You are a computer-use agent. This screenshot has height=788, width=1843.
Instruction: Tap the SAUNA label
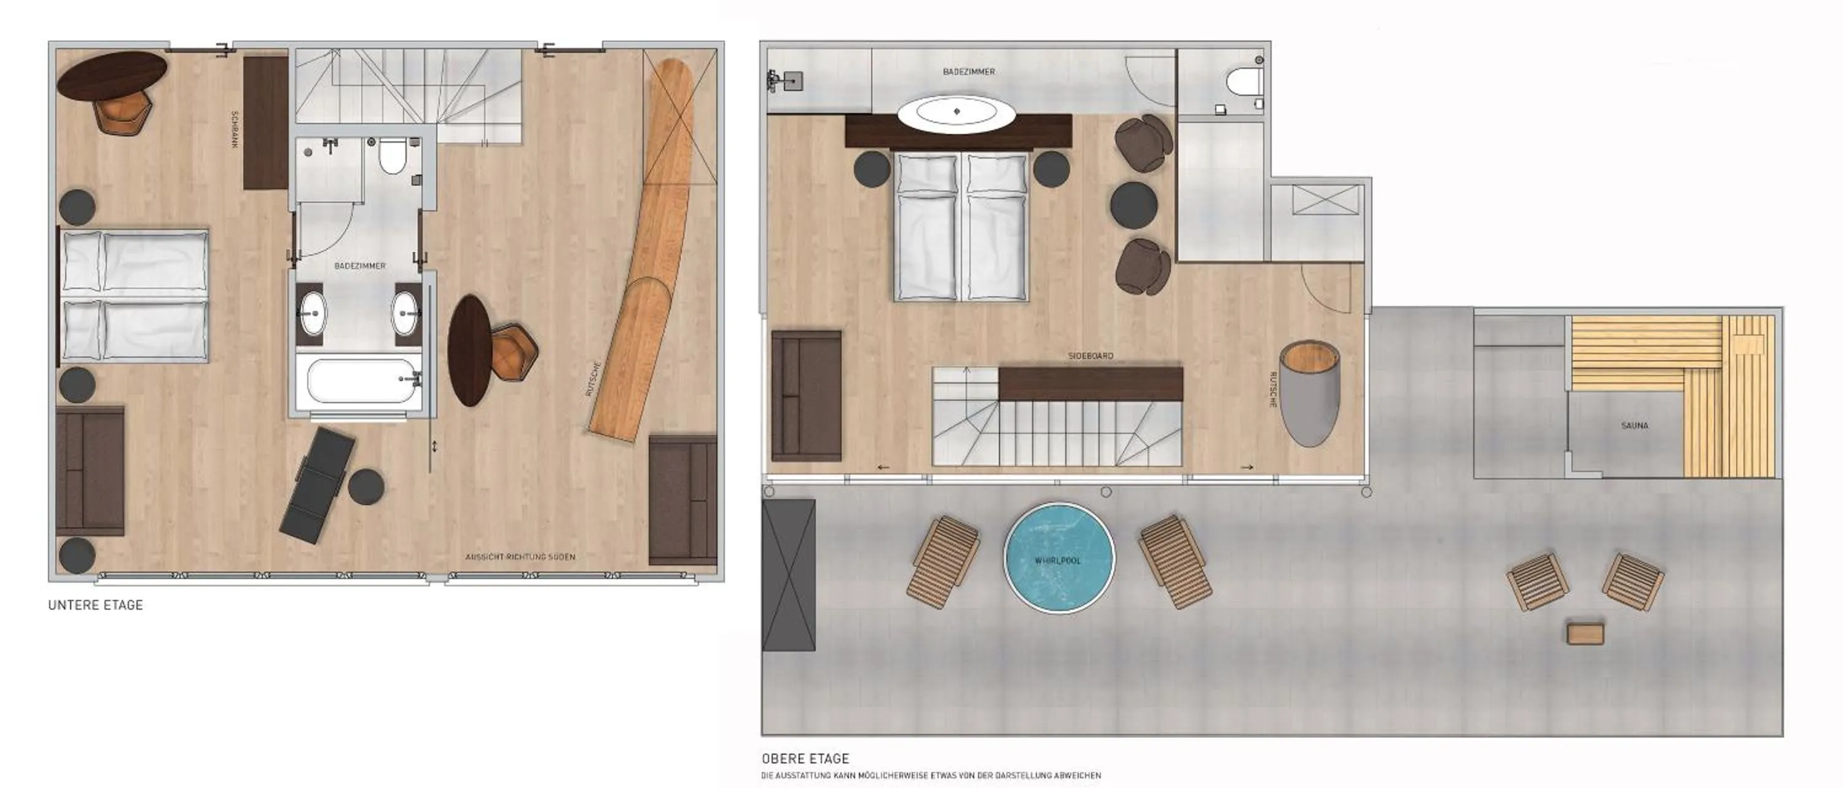click(1635, 426)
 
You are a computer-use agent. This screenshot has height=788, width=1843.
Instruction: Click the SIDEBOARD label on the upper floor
click(1090, 356)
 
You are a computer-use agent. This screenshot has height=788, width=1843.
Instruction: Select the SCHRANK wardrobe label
click(235, 130)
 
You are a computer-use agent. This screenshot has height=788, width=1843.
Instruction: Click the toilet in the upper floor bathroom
click(1243, 82)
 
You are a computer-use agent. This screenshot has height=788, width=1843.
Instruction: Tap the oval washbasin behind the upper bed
click(957, 112)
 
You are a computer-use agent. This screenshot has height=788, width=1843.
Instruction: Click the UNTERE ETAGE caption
click(95, 605)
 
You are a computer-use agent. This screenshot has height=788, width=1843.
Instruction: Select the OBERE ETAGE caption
click(805, 758)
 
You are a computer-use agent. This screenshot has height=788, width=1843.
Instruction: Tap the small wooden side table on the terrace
click(1586, 633)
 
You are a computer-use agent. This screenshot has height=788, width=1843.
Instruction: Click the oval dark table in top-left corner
click(112, 74)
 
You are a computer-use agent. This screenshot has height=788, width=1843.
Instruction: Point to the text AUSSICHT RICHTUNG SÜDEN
click(520, 557)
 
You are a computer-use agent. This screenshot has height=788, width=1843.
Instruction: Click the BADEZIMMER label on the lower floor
click(360, 266)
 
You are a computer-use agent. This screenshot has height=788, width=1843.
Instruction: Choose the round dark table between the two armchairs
click(1134, 205)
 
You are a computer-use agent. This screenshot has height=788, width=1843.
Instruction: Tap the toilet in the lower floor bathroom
click(392, 156)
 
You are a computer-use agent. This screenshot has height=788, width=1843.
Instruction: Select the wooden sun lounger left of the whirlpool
click(943, 562)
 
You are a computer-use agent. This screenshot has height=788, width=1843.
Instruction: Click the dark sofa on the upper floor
click(806, 395)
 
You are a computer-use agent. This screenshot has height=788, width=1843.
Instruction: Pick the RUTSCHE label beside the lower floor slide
click(593, 379)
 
